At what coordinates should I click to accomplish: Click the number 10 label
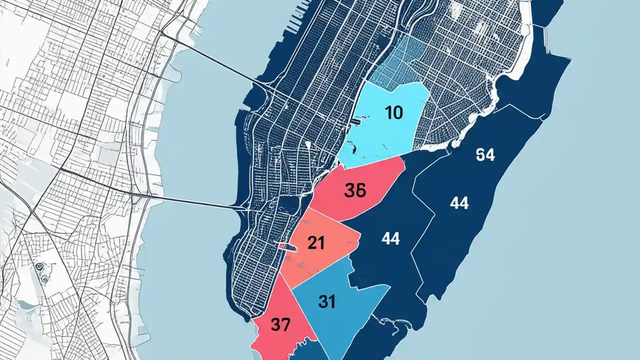click(394, 113)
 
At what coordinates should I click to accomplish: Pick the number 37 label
click(280, 325)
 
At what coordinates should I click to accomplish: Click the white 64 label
click(485, 155)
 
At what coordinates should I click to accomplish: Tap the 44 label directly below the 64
click(458, 203)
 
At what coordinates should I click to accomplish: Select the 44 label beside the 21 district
click(390, 239)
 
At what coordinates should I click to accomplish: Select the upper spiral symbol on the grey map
click(38, 267)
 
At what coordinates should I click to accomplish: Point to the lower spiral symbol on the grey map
click(43, 278)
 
